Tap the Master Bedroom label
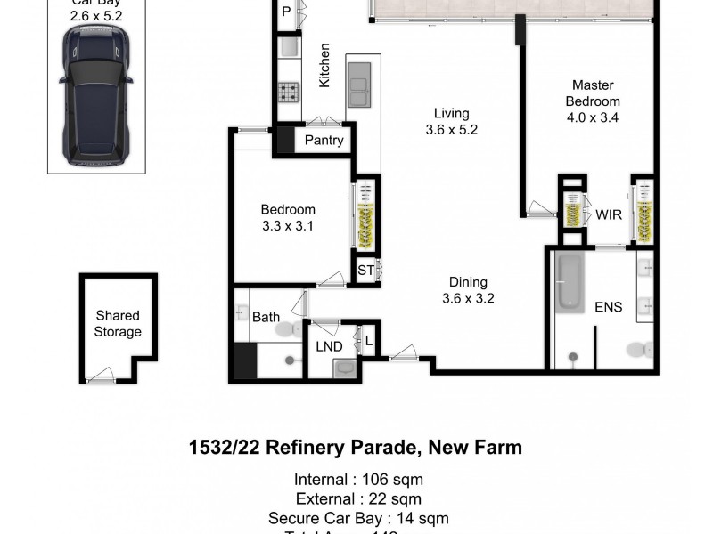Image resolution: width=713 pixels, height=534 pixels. coord(592,93)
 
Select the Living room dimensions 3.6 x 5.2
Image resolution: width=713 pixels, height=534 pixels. coord(452,130)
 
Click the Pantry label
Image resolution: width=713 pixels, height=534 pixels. coord(324,141)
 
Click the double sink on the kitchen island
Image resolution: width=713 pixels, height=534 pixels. coord(358,85)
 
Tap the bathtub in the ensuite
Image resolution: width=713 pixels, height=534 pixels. coord(569,282)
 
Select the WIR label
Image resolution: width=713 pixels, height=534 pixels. coord(609,214)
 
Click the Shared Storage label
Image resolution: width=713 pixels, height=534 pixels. coord(118,324)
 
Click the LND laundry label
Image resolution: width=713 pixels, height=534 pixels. coord(329,346)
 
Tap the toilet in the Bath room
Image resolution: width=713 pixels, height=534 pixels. coord(287,329)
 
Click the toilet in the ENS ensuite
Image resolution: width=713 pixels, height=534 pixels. coord(640,349)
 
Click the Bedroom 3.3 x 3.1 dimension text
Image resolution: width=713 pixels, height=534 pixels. coord(288,226)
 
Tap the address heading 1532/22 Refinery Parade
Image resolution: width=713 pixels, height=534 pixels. coord(356,447)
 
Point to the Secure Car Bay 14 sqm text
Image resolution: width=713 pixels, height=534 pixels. coord(358,518)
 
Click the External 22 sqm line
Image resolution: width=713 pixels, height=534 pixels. coord(358,499)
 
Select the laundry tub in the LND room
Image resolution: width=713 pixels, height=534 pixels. coord(345,368)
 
